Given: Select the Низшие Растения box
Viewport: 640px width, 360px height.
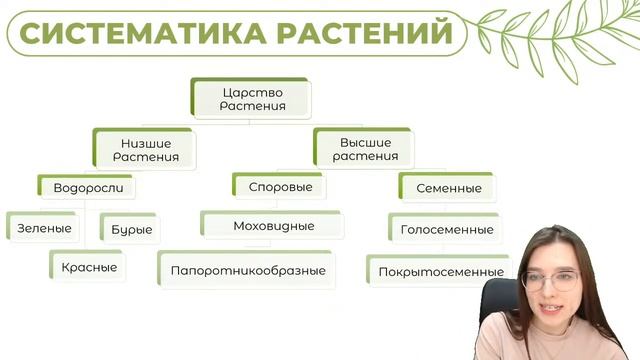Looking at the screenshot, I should click(x=146, y=149).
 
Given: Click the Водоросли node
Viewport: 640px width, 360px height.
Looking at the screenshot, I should click(x=87, y=187).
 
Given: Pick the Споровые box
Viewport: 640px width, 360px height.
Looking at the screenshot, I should click(x=279, y=187).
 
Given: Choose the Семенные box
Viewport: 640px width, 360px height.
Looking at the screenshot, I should click(x=447, y=188).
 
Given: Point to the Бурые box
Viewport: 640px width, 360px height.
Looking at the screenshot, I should click(x=132, y=229).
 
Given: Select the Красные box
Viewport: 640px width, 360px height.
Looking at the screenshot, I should click(x=89, y=267).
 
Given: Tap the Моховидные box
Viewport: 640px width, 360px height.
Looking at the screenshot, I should click(x=273, y=226).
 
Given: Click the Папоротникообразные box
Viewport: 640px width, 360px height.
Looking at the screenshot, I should click(x=247, y=271).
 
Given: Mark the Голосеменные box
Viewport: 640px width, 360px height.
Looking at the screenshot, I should click(x=446, y=229).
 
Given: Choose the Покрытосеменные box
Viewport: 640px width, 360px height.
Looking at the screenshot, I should click(x=440, y=271).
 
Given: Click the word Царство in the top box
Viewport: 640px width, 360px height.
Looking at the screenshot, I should click(x=252, y=92).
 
